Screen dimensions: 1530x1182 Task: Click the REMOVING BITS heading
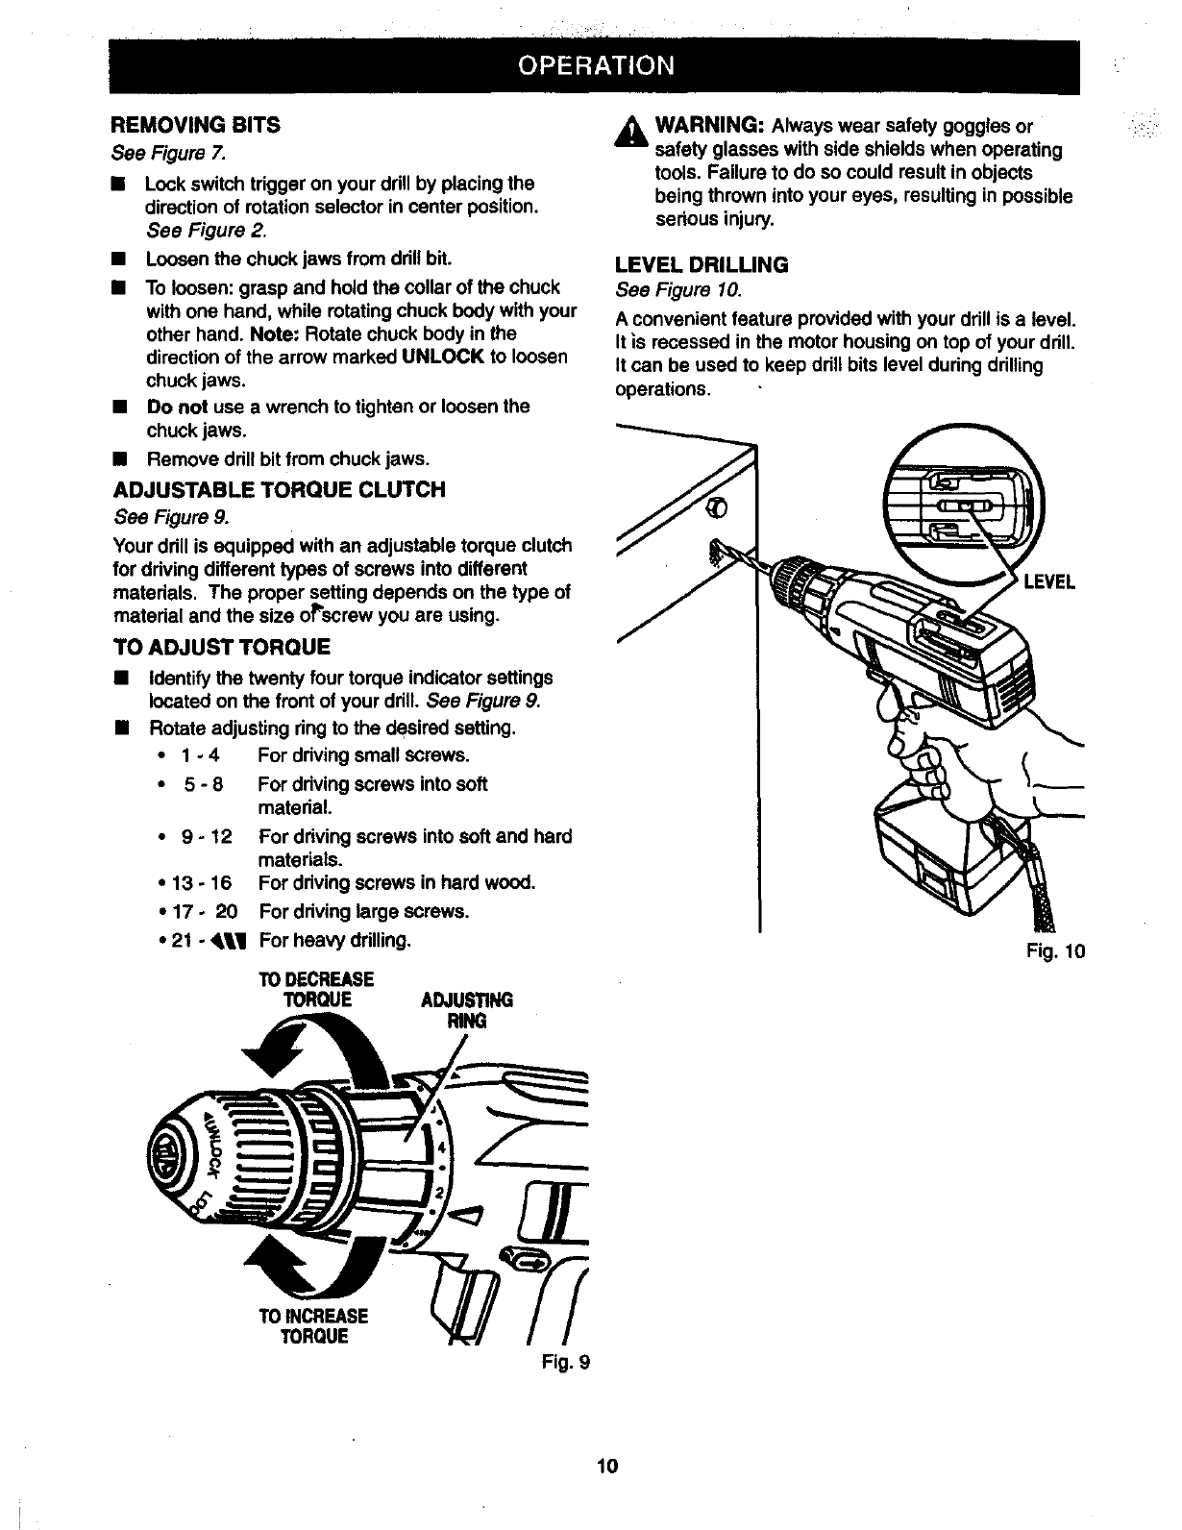[196, 125]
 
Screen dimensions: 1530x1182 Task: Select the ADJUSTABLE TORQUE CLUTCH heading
[279, 490]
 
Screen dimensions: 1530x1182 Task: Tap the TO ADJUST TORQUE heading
[222, 647]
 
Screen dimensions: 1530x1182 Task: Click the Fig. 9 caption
[565, 1362]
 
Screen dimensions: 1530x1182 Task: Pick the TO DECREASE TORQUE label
[315, 989]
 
